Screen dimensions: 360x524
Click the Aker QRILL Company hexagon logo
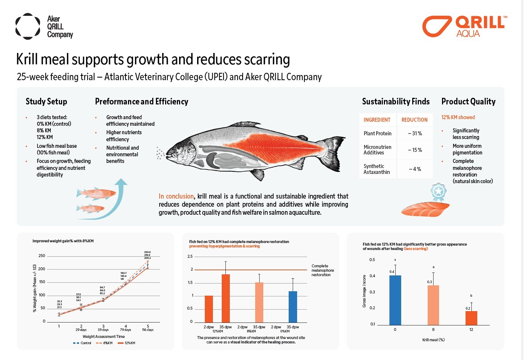tap(28, 26)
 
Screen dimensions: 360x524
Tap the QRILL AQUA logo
tap(464, 26)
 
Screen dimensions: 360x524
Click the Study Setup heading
tap(46, 101)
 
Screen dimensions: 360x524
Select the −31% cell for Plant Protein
tap(414, 133)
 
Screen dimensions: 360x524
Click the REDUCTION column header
tap(414, 120)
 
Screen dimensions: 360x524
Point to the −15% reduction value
tap(414, 150)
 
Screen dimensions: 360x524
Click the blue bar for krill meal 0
tap(395, 300)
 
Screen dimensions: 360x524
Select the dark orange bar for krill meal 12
tap(471, 318)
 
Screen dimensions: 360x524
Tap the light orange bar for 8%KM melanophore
tap(259, 302)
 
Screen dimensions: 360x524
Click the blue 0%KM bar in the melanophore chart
tap(293, 307)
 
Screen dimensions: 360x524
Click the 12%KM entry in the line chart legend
tap(126, 343)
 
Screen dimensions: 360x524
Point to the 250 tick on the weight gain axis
tap(42, 256)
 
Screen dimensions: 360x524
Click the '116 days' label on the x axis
tap(148, 330)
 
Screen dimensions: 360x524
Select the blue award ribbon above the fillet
tap(438, 192)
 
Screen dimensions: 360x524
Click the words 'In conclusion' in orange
tap(176, 196)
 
